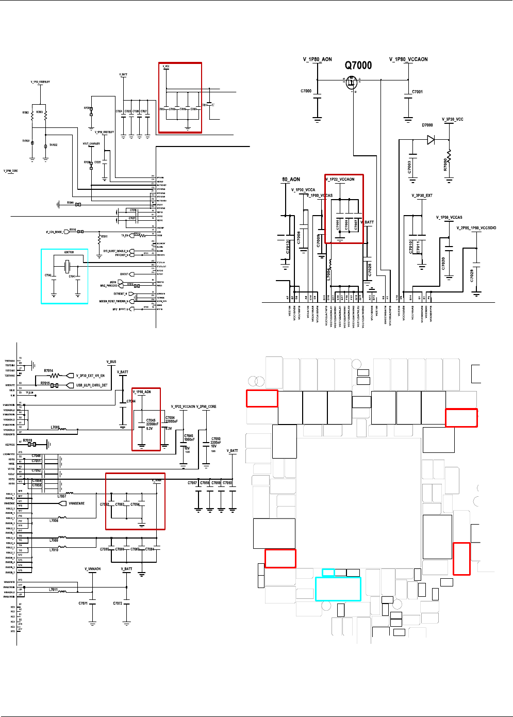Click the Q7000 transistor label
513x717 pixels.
click(x=358, y=66)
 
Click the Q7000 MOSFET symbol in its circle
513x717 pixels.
click(x=351, y=82)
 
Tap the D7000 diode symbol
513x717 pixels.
click(x=431, y=139)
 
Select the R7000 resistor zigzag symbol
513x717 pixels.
click(x=449, y=156)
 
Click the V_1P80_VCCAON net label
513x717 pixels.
click(x=408, y=59)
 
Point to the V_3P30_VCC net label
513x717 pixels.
click(x=452, y=119)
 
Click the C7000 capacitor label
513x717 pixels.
click(x=306, y=91)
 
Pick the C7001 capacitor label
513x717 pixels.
click(x=417, y=92)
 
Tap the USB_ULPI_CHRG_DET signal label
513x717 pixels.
click(x=92, y=385)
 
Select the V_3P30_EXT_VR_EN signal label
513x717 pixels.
click(x=90, y=376)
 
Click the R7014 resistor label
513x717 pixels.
click(x=48, y=370)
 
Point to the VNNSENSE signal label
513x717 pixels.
click(x=76, y=503)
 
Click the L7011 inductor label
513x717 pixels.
click(x=53, y=590)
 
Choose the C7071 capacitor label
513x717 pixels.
click(x=83, y=603)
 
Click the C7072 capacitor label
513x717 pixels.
click(x=118, y=603)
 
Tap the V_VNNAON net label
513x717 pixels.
click(x=93, y=569)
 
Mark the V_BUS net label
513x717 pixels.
click(x=111, y=362)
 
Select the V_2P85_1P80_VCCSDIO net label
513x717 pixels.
click(x=476, y=228)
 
